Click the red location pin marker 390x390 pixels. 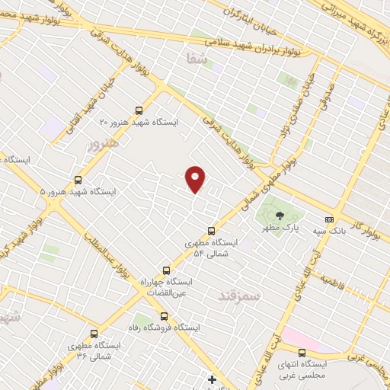pyautogui.click(x=196, y=179)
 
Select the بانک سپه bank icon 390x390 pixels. pyautogui.click(x=329, y=219)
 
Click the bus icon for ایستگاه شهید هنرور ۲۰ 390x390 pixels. pyautogui.click(x=138, y=110)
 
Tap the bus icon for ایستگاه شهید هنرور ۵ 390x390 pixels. pyautogui.click(x=78, y=181)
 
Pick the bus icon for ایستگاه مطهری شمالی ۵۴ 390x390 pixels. pyautogui.click(x=211, y=231)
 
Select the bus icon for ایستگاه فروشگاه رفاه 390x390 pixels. pyautogui.click(x=162, y=315)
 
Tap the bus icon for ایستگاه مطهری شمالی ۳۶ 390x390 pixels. pyautogui.click(x=94, y=333)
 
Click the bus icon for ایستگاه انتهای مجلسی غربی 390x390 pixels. pyautogui.click(x=302, y=352)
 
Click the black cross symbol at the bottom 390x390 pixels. pyautogui.click(x=213, y=379)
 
